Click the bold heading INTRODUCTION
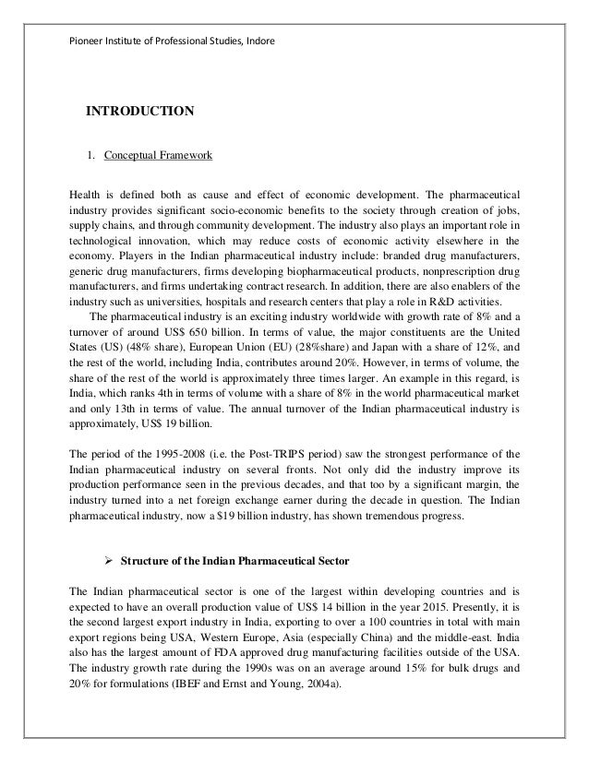pyautogui.click(x=139, y=113)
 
